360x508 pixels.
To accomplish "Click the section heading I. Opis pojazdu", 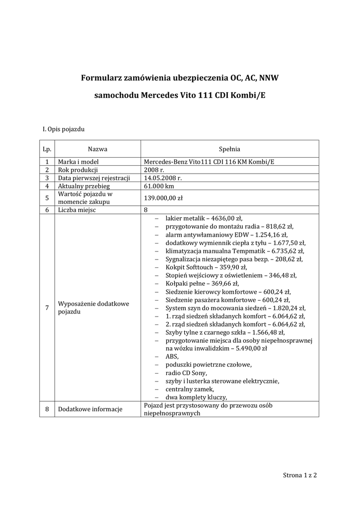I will pos(64,130).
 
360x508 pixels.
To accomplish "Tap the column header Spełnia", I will pos(229,148).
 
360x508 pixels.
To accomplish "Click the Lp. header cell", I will pos(47,148).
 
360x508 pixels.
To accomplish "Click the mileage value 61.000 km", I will pos(159,186).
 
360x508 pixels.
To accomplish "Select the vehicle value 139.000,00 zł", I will pos(163,198).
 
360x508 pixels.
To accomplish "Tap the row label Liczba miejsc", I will pos(77,210).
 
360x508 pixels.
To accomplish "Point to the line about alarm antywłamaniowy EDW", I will pos(226,235).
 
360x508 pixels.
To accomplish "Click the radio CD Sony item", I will pos(186,373).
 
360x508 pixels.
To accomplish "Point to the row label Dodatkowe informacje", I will pos(90,409).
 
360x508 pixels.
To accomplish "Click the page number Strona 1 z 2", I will pos(299,475).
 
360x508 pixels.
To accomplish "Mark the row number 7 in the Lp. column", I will pos(47,308).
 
